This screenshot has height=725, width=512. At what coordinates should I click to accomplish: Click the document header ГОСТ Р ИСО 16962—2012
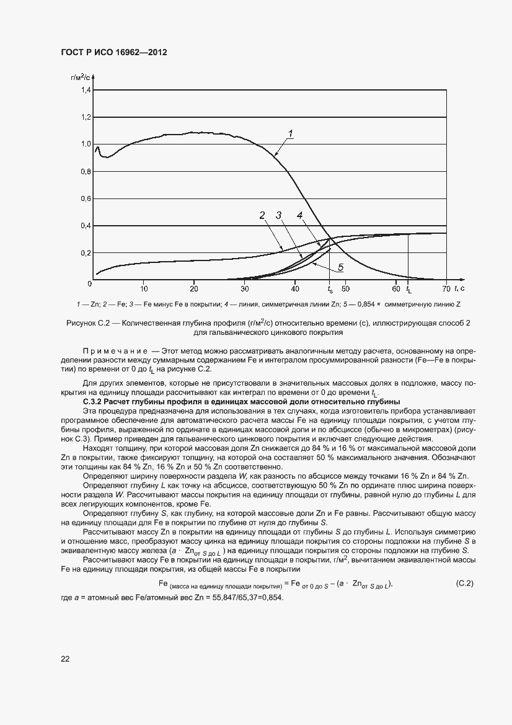pos(114,53)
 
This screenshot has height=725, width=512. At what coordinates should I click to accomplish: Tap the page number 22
pos(65,659)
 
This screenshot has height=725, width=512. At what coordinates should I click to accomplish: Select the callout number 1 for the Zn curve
pos(290,133)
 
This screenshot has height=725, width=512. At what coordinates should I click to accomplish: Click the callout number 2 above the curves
pos(262,215)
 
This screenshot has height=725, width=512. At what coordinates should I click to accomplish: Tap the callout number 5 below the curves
pos(340,269)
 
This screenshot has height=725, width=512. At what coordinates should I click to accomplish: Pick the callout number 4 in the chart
pos(299,215)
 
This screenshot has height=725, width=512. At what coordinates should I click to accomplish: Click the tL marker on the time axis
pos(408,290)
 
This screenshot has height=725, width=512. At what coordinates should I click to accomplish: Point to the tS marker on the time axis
pos(330,290)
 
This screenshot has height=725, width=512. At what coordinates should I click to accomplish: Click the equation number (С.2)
pos(464,584)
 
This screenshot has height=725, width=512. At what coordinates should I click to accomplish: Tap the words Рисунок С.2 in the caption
pos(87,322)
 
